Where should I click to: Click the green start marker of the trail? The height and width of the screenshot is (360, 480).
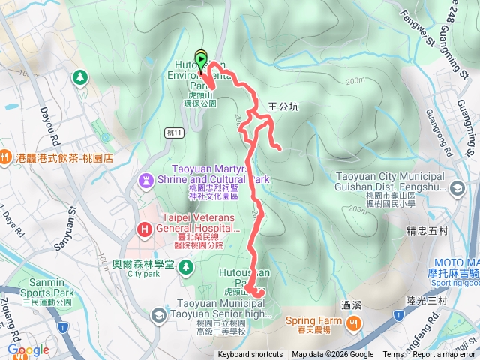coord(201,58)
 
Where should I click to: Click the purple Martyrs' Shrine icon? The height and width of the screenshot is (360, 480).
coord(145,181)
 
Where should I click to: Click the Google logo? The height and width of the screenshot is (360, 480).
coord(28,350)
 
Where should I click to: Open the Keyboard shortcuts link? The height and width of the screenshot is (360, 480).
coord(250,355)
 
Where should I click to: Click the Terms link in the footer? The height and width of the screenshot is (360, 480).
coord(393,355)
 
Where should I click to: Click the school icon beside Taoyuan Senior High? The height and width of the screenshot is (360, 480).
coord(158,316)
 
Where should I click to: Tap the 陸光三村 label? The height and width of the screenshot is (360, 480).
coord(426,300)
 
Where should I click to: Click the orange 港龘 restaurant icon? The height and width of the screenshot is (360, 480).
coord(5,157)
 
